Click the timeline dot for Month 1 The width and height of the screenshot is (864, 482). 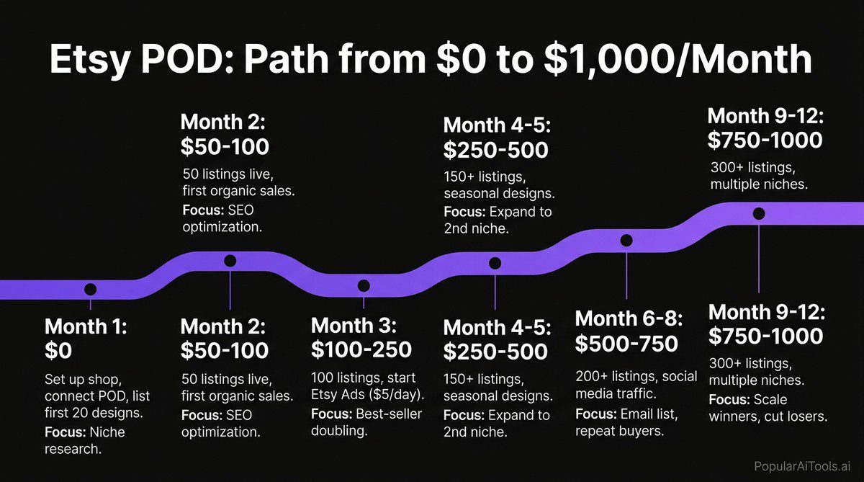(90, 289)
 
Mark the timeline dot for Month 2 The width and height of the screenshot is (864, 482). (230, 261)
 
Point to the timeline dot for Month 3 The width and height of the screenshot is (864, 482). (364, 285)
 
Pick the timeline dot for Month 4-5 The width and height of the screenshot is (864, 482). (495, 263)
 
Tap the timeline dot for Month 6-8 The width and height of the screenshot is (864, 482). (626, 240)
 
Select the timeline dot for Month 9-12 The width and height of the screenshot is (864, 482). (758, 213)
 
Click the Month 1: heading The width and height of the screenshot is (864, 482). (86, 326)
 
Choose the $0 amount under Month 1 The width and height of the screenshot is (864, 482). (58, 351)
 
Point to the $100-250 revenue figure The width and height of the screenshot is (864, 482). (361, 349)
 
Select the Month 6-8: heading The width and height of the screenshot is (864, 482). (629, 318)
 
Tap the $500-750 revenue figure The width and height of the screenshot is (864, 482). (626, 344)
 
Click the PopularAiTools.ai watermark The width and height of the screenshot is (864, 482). (801, 466)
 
